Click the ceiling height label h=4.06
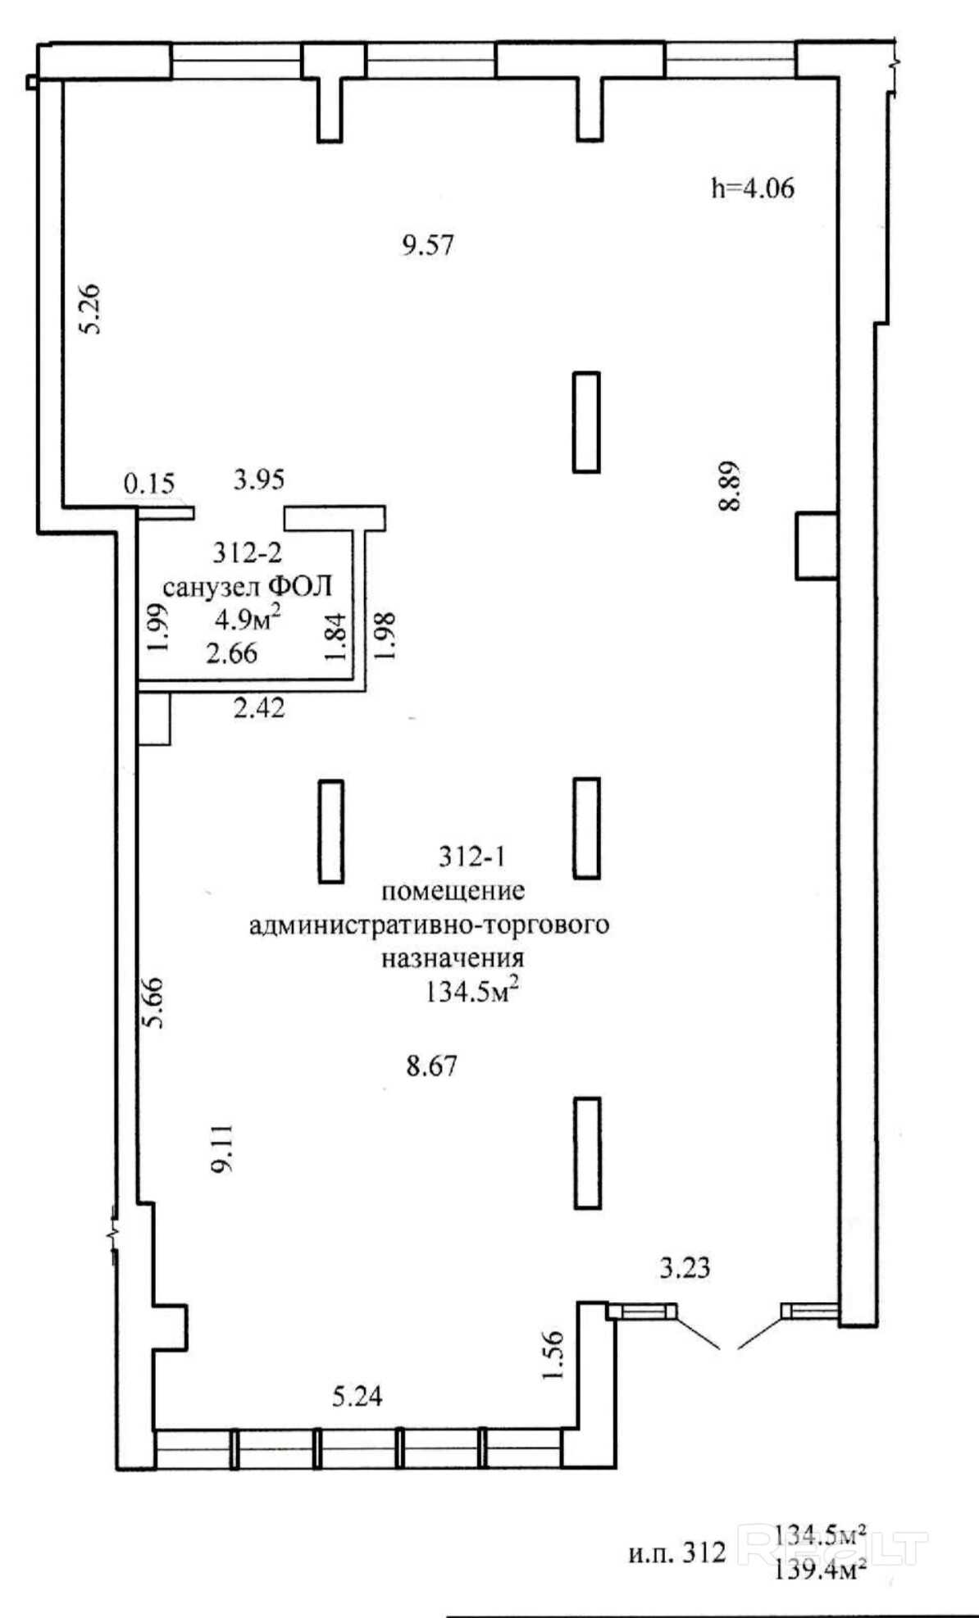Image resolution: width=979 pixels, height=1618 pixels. tap(753, 189)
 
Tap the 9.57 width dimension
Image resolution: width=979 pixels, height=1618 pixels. tap(427, 245)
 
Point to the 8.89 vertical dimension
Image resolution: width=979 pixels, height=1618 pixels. tap(729, 485)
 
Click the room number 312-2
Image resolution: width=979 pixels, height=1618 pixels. tap(248, 553)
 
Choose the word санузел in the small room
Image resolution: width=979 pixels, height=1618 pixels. tap(212, 587)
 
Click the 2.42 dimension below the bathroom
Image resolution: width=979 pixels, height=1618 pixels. tap(259, 707)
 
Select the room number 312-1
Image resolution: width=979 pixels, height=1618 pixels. tap(471, 857)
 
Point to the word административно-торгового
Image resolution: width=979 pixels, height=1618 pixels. tap(429, 925)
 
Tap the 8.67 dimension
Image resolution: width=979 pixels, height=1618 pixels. tap(431, 1066)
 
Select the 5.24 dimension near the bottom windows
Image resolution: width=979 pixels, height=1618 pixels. tap(357, 1396)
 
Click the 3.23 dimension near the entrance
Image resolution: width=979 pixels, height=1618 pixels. tap(685, 1269)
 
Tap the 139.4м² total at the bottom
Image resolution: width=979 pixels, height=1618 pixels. tap(821, 1570)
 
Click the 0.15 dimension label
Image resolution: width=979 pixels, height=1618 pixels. tap(149, 484)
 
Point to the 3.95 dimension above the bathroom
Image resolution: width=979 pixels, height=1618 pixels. tap(258, 479)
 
